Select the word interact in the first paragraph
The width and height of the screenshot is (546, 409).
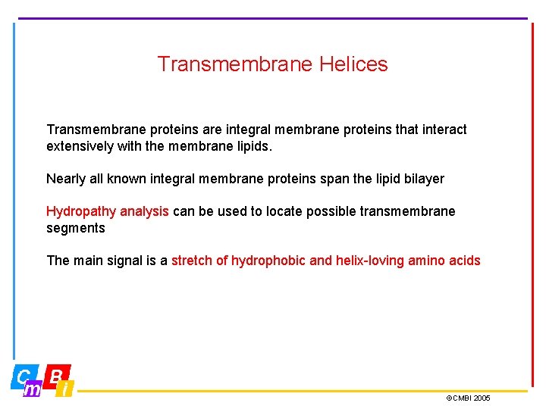click(x=443, y=130)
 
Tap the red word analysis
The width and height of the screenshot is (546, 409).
click(x=145, y=211)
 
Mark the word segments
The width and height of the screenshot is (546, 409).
click(x=76, y=228)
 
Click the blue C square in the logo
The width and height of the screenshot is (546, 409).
click(x=24, y=376)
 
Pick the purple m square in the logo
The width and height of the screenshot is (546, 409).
click(x=33, y=389)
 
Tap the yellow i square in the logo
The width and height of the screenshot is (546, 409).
click(x=66, y=389)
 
